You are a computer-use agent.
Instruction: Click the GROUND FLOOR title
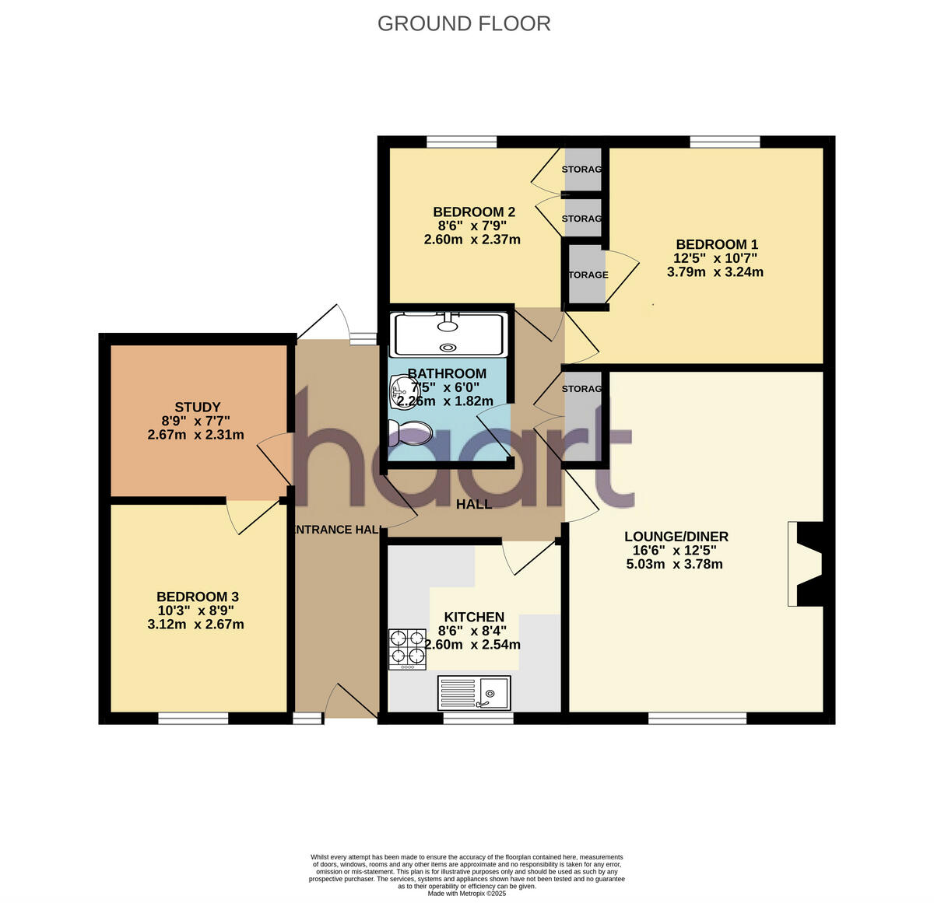pyautogui.click(x=464, y=24)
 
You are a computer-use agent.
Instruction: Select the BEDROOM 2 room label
pyautogui.click(x=474, y=212)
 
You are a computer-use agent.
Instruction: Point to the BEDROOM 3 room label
pyautogui.click(x=197, y=597)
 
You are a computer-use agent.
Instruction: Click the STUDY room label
pyautogui.click(x=197, y=407)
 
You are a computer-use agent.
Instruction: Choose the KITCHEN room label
pyautogui.click(x=474, y=617)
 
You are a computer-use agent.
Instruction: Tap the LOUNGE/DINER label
pyautogui.click(x=676, y=537)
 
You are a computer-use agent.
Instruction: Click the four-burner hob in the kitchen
pyautogui.click(x=407, y=649)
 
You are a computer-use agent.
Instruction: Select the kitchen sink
pyautogui.click(x=474, y=693)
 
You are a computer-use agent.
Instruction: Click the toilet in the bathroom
pyautogui.click(x=410, y=432)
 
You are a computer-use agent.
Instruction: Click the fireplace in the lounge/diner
pyautogui.click(x=805, y=564)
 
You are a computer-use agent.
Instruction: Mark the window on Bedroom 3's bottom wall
pyautogui.click(x=193, y=719)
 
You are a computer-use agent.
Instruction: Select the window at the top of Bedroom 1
pyautogui.click(x=725, y=142)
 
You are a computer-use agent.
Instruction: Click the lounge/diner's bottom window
pyautogui.click(x=697, y=719)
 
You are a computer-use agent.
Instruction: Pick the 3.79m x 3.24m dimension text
pyautogui.click(x=715, y=272)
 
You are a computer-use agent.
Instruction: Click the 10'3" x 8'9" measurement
pyautogui.click(x=195, y=611)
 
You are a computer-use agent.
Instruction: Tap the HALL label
pyautogui.click(x=474, y=504)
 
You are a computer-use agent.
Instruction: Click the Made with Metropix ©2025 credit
pyautogui.click(x=467, y=894)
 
